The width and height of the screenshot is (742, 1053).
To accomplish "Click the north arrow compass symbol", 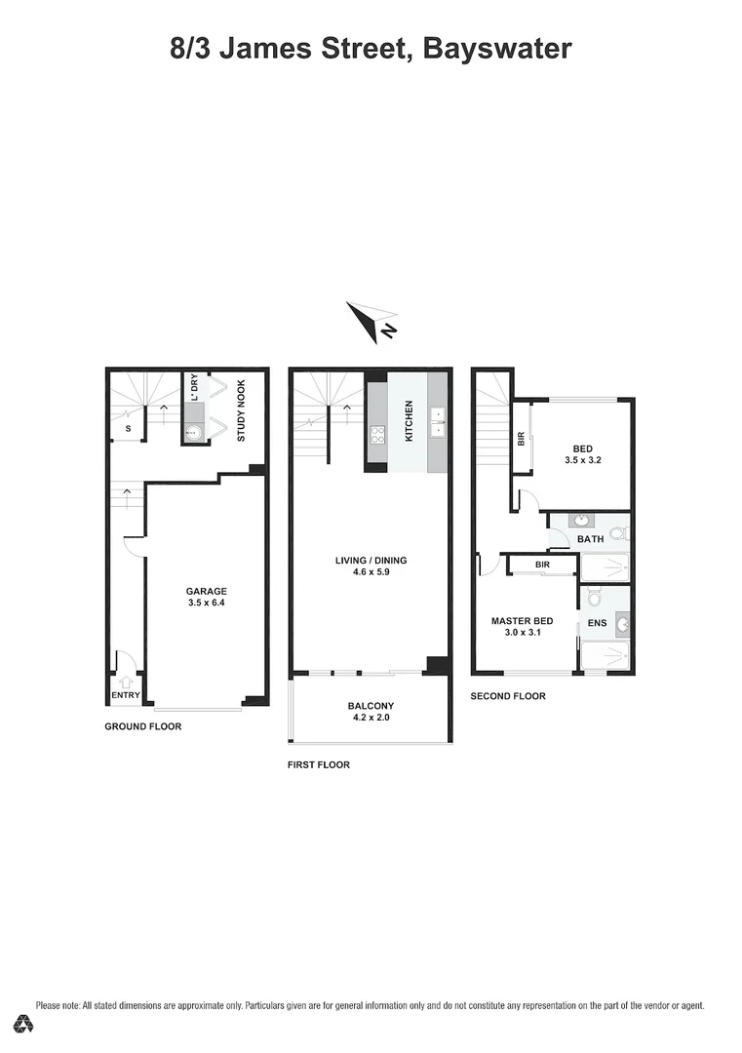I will click(x=369, y=321).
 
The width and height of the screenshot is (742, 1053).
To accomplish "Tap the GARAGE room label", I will click(x=207, y=591).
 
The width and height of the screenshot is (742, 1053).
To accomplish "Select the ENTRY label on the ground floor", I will click(x=126, y=695).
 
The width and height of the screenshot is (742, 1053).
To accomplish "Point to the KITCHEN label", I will click(x=410, y=421).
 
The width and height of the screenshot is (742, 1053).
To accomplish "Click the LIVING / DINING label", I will click(x=371, y=561).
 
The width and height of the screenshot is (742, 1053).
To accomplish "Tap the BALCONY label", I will click(x=371, y=706).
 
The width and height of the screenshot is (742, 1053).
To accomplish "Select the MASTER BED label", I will click(x=523, y=621).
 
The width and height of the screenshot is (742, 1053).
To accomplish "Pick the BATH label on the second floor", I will click(x=590, y=539).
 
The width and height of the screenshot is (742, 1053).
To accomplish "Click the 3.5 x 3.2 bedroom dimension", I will click(x=582, y=461).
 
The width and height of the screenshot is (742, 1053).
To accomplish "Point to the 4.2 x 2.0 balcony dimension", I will click(x=371, y=719).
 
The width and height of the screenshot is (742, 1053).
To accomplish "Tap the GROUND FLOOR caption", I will click(x=142, y=726).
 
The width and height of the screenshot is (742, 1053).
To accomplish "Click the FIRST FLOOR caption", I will click(x=318, y=765).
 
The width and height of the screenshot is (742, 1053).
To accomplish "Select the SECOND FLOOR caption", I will click(x=508, y=696).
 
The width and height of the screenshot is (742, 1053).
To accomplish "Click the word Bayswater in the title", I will click(x=499, y=48).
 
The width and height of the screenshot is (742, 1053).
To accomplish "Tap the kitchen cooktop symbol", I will click(x=376, y=434).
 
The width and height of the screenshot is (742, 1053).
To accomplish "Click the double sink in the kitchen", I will click(x=438, y=420).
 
